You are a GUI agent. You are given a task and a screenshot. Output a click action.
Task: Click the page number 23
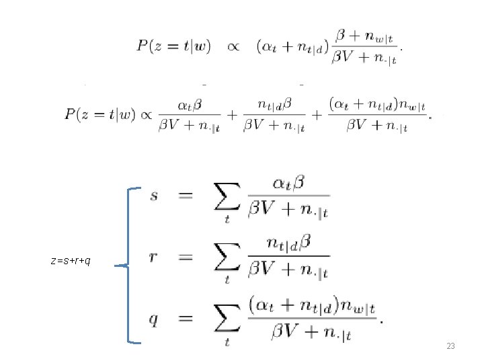click(450, 346)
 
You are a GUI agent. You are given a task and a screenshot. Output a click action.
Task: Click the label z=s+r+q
click(71, 260)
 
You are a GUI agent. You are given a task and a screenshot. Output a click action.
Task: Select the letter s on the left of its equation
click(155, 196)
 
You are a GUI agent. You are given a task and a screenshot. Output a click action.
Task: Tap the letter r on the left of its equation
click(155, 258)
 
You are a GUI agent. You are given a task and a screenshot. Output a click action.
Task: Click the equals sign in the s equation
click(186, 196)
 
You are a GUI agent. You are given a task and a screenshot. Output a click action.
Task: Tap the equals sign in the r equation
click(186, 257)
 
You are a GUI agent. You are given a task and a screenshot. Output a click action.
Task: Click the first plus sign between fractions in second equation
click(231, 116)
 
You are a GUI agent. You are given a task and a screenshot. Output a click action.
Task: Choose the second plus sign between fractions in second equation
click(315, 116)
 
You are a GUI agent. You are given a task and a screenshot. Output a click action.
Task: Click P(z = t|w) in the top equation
click(173, 46)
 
